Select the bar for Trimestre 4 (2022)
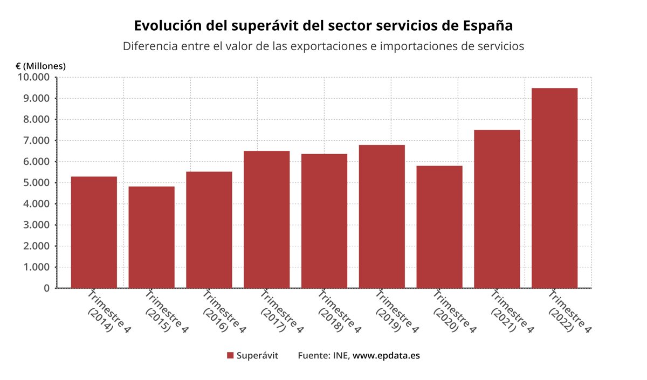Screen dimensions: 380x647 (554, 188)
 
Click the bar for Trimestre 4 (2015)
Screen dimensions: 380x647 (152, 237)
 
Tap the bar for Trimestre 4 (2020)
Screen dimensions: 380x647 (439, 227)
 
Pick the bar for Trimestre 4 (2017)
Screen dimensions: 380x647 (266, 219)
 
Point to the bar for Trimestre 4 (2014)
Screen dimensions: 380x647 (94, 232)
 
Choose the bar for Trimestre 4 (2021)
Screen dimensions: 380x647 (497, 209)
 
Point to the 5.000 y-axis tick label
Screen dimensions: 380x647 (36, 183)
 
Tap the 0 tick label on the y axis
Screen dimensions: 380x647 (47, 288)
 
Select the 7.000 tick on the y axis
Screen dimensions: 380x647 (36, 141)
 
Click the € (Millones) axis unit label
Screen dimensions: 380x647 (41, 66)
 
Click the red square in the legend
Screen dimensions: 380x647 (230, 356)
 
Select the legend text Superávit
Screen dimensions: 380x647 (257, 356)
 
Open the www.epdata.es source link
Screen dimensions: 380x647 (386, 356)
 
